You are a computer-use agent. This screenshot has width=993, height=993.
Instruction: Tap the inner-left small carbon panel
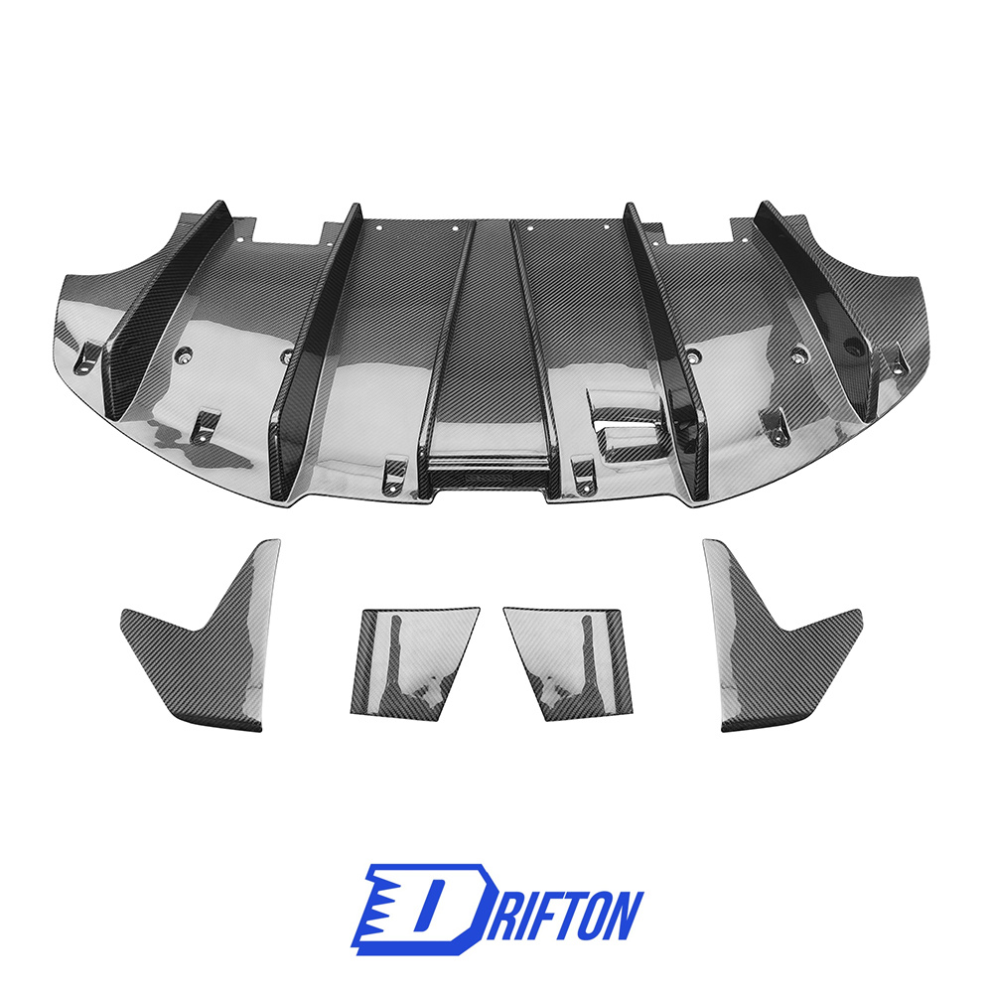click(x=412, y=660)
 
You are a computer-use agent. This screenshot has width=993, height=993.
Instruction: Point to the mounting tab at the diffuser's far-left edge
click(x=88, y=358)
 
